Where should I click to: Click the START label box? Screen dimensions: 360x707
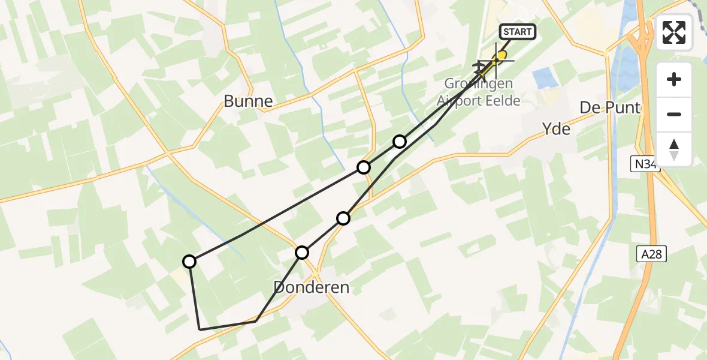pos(516,32)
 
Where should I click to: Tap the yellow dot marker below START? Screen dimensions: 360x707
pos(502,55)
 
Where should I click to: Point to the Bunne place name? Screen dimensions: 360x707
pos(248,101)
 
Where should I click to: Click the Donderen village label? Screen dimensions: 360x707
pos(311,287)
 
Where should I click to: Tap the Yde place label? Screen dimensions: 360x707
pos(555,129)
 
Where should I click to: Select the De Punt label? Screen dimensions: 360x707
pos(609,108)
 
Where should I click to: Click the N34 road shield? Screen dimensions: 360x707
pos(645,164)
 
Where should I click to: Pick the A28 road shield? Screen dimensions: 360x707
pos(651,254)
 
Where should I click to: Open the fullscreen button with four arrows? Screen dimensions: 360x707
pos(674,32)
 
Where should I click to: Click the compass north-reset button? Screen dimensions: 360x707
pos(674,149)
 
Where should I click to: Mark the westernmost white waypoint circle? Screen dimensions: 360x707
pos(189,261)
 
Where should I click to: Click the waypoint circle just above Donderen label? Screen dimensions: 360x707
pos(302,253)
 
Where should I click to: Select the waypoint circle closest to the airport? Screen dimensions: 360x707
pos(400,142)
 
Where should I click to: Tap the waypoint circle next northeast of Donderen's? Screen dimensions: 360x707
pos(343,218)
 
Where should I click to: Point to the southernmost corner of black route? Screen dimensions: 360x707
pos(200,329)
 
